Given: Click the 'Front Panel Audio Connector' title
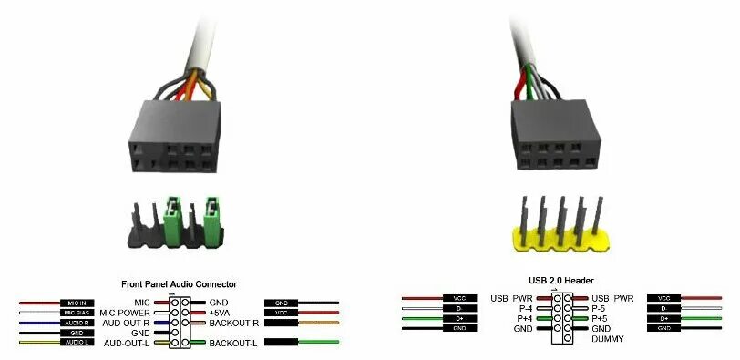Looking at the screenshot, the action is click(179, 283).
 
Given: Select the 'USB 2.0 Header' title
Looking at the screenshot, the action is click(555, 281).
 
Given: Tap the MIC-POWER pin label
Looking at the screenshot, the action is click(127, 313).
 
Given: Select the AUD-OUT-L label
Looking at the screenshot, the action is click(127, 343).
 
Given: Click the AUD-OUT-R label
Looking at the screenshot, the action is click(127, 324).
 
